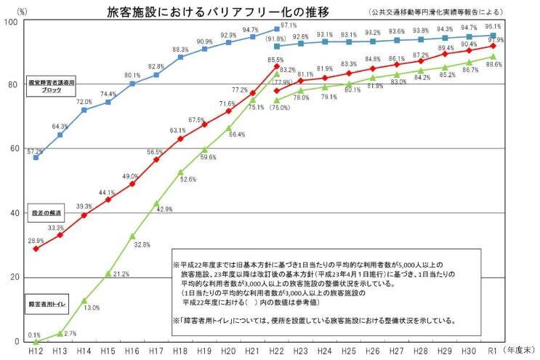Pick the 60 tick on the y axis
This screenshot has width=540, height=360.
click(13, 149)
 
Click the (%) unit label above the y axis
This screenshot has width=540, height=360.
click(22, 11)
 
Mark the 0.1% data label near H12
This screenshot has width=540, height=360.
click(34, 335)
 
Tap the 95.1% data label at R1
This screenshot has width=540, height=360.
click(493, 27)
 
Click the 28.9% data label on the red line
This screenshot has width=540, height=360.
click(36, 240)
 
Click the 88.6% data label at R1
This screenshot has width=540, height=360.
click(493, 65)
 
